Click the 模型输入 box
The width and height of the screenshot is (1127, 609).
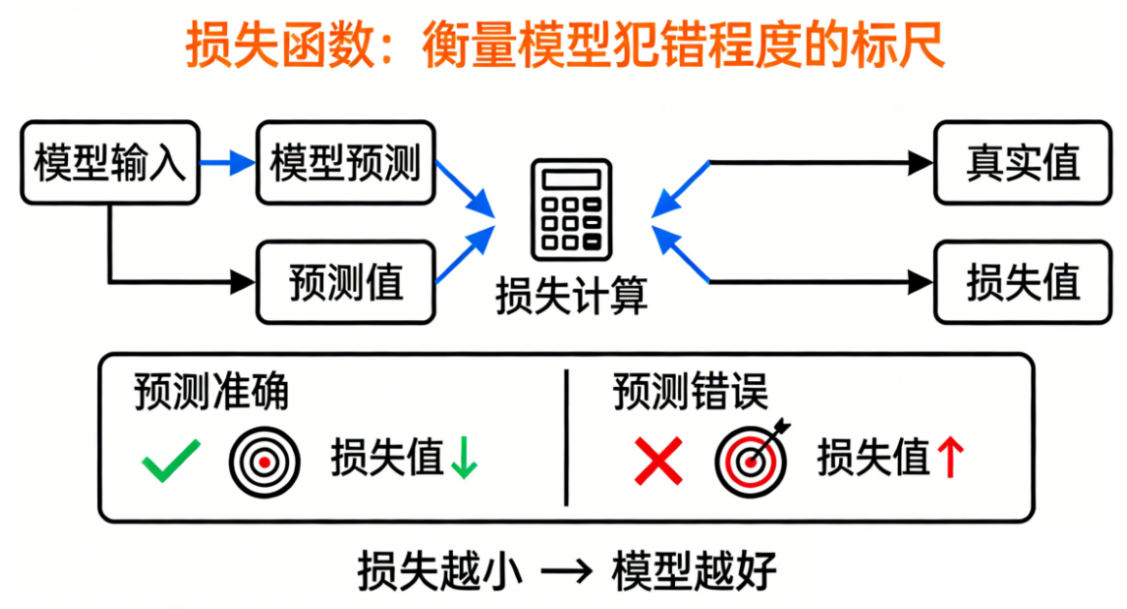110,162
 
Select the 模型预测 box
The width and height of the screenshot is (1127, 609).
345,162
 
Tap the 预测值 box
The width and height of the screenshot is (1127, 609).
345,282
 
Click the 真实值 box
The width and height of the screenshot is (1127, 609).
1022,162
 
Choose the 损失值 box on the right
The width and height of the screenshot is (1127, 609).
1022,282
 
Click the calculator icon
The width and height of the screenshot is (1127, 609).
571,208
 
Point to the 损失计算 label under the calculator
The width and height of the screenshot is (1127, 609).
571,295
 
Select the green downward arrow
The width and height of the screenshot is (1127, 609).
464,459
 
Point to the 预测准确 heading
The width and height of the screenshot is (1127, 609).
210,393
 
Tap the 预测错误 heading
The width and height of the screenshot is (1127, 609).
690,393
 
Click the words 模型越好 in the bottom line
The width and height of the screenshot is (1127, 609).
693,572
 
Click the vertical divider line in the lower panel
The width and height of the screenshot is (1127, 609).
565,436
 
